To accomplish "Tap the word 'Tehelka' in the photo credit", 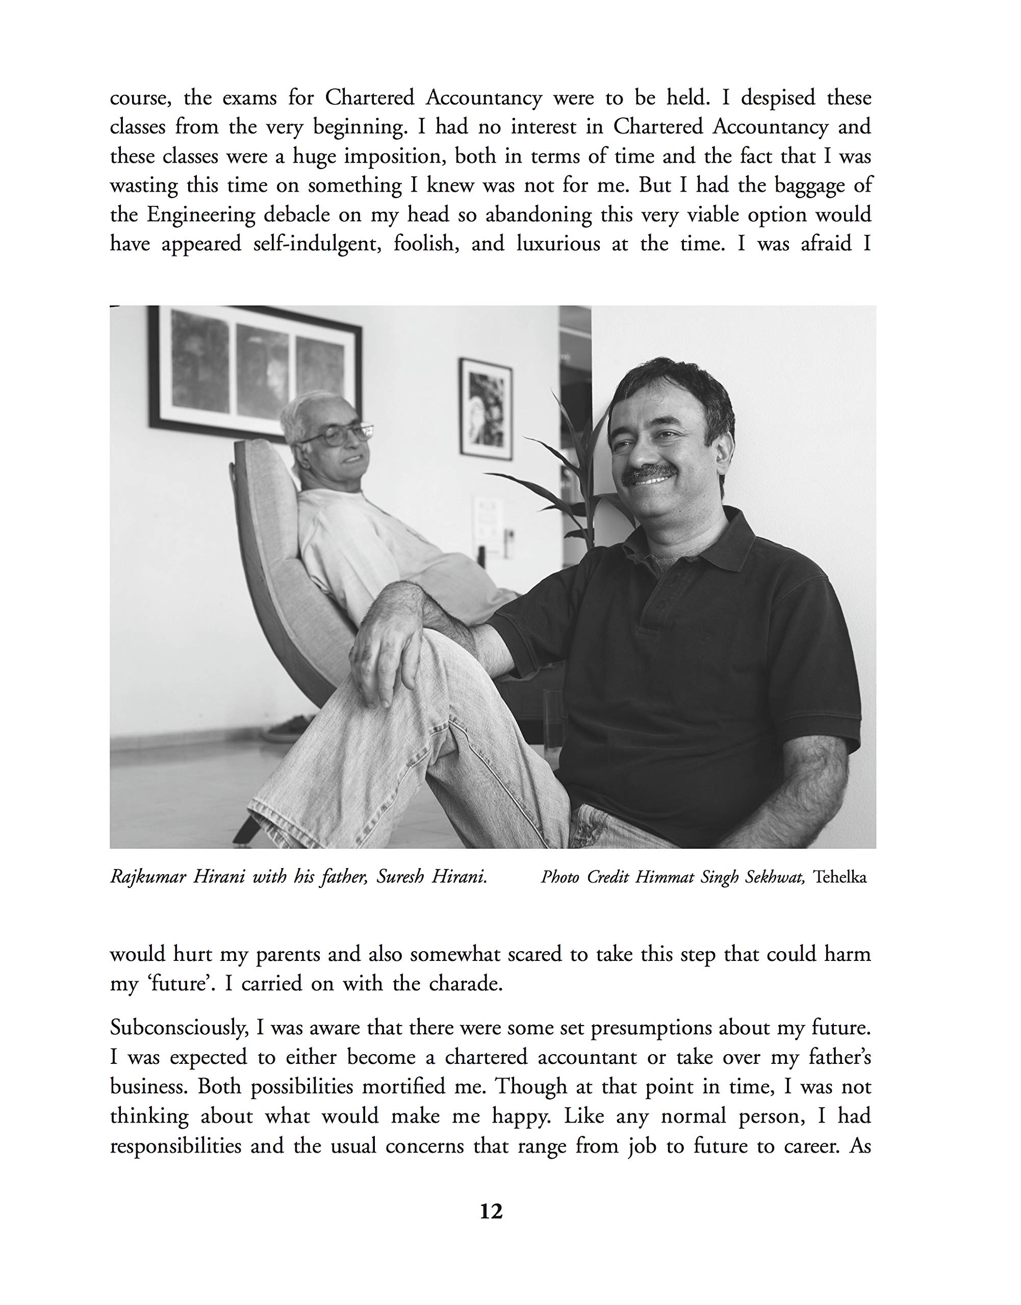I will click(x=840, y=877).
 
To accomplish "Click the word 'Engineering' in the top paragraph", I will click(x=200, y=215).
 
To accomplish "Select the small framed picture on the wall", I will click(x=486, y=408).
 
